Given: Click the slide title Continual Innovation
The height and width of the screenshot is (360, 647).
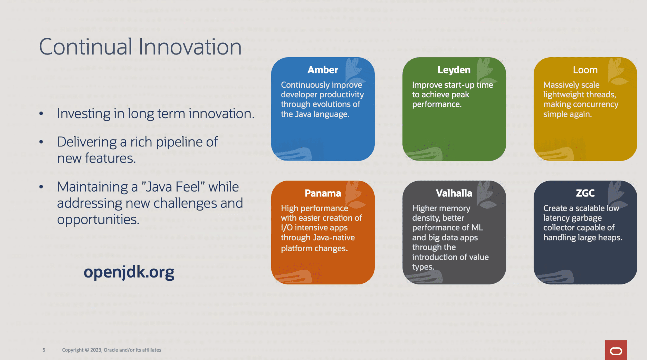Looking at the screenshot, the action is pos(140,47).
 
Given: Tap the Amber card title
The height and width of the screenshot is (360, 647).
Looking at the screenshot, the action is pos(323,70).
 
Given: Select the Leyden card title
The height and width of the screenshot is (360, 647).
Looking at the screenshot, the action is pos(454,70).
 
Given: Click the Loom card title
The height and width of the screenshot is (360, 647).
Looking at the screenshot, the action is pos(585,70).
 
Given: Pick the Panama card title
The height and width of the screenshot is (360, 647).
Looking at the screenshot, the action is pos(323,193).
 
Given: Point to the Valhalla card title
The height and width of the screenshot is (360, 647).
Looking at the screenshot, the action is pos(454,193).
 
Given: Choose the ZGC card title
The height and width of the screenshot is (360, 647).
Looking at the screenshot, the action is pos(585,193).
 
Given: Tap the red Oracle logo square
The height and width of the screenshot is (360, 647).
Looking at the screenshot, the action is pos(616,350).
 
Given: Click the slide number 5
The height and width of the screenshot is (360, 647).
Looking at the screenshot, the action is pos(44,350).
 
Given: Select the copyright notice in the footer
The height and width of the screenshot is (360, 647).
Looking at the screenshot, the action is pos(111,350).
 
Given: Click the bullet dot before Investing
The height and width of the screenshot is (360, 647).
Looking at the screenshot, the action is pos(41,114).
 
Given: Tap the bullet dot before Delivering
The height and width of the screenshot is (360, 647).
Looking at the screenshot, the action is pos(41,142).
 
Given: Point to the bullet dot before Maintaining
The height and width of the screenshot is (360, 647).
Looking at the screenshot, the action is pos(41,187).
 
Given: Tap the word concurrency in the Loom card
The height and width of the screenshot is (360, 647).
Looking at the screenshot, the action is pos(600,105).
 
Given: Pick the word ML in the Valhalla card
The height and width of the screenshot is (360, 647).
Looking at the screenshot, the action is pos(477,228).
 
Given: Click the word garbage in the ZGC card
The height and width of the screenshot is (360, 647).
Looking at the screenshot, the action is pos(587,218).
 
